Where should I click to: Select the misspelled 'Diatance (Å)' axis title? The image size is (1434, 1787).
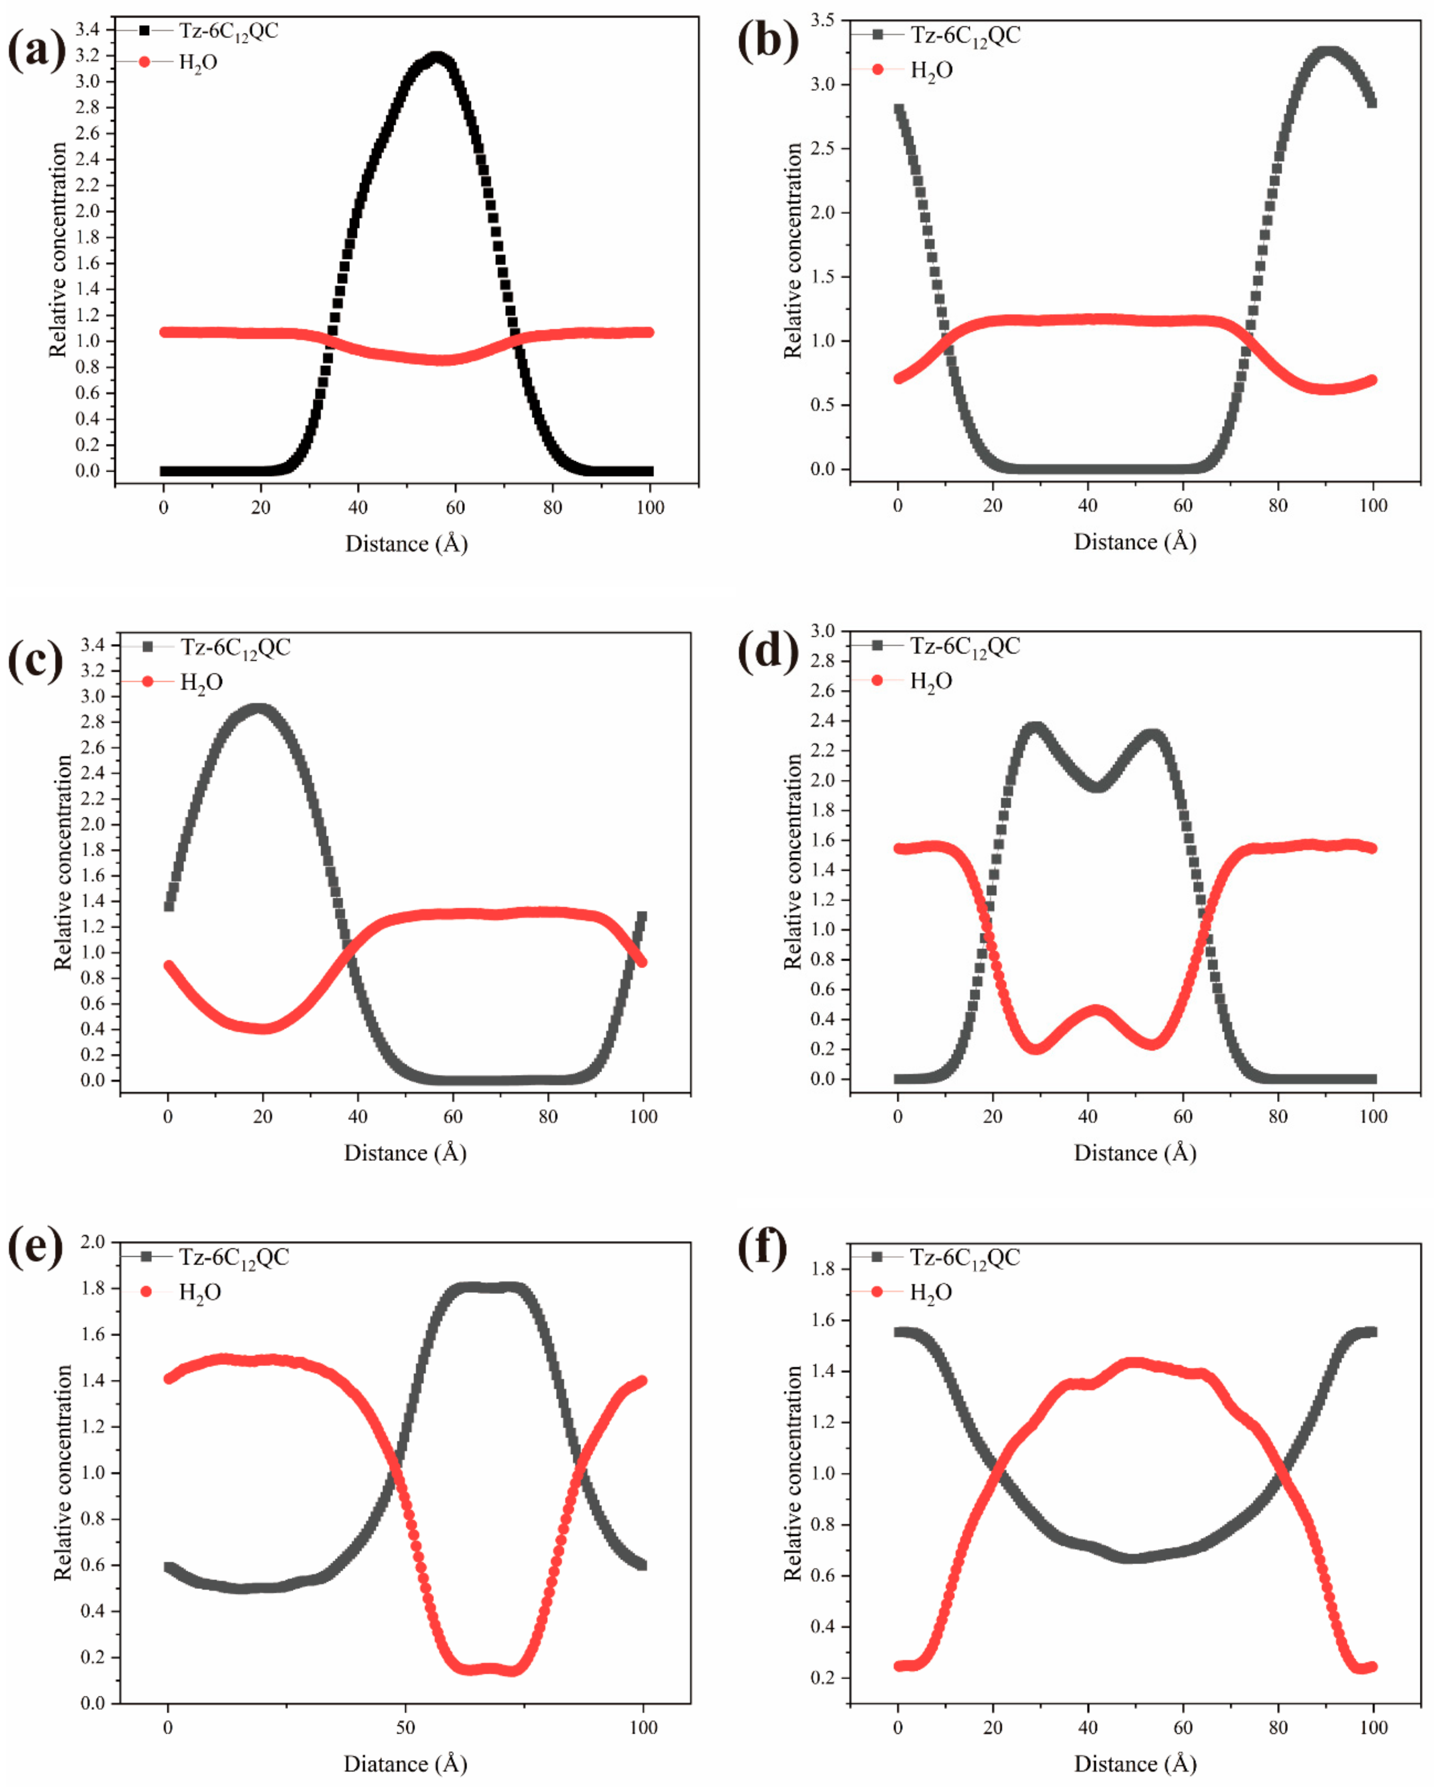point(405,1764)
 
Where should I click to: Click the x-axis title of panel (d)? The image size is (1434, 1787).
point(1135,1153)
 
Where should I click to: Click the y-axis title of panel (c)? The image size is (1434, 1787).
point(63,862)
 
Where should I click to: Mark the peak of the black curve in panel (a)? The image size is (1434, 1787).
point(437,58)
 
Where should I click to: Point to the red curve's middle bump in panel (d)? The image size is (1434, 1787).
point(1096,1011)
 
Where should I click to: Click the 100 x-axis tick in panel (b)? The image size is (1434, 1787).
point(1373,506)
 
